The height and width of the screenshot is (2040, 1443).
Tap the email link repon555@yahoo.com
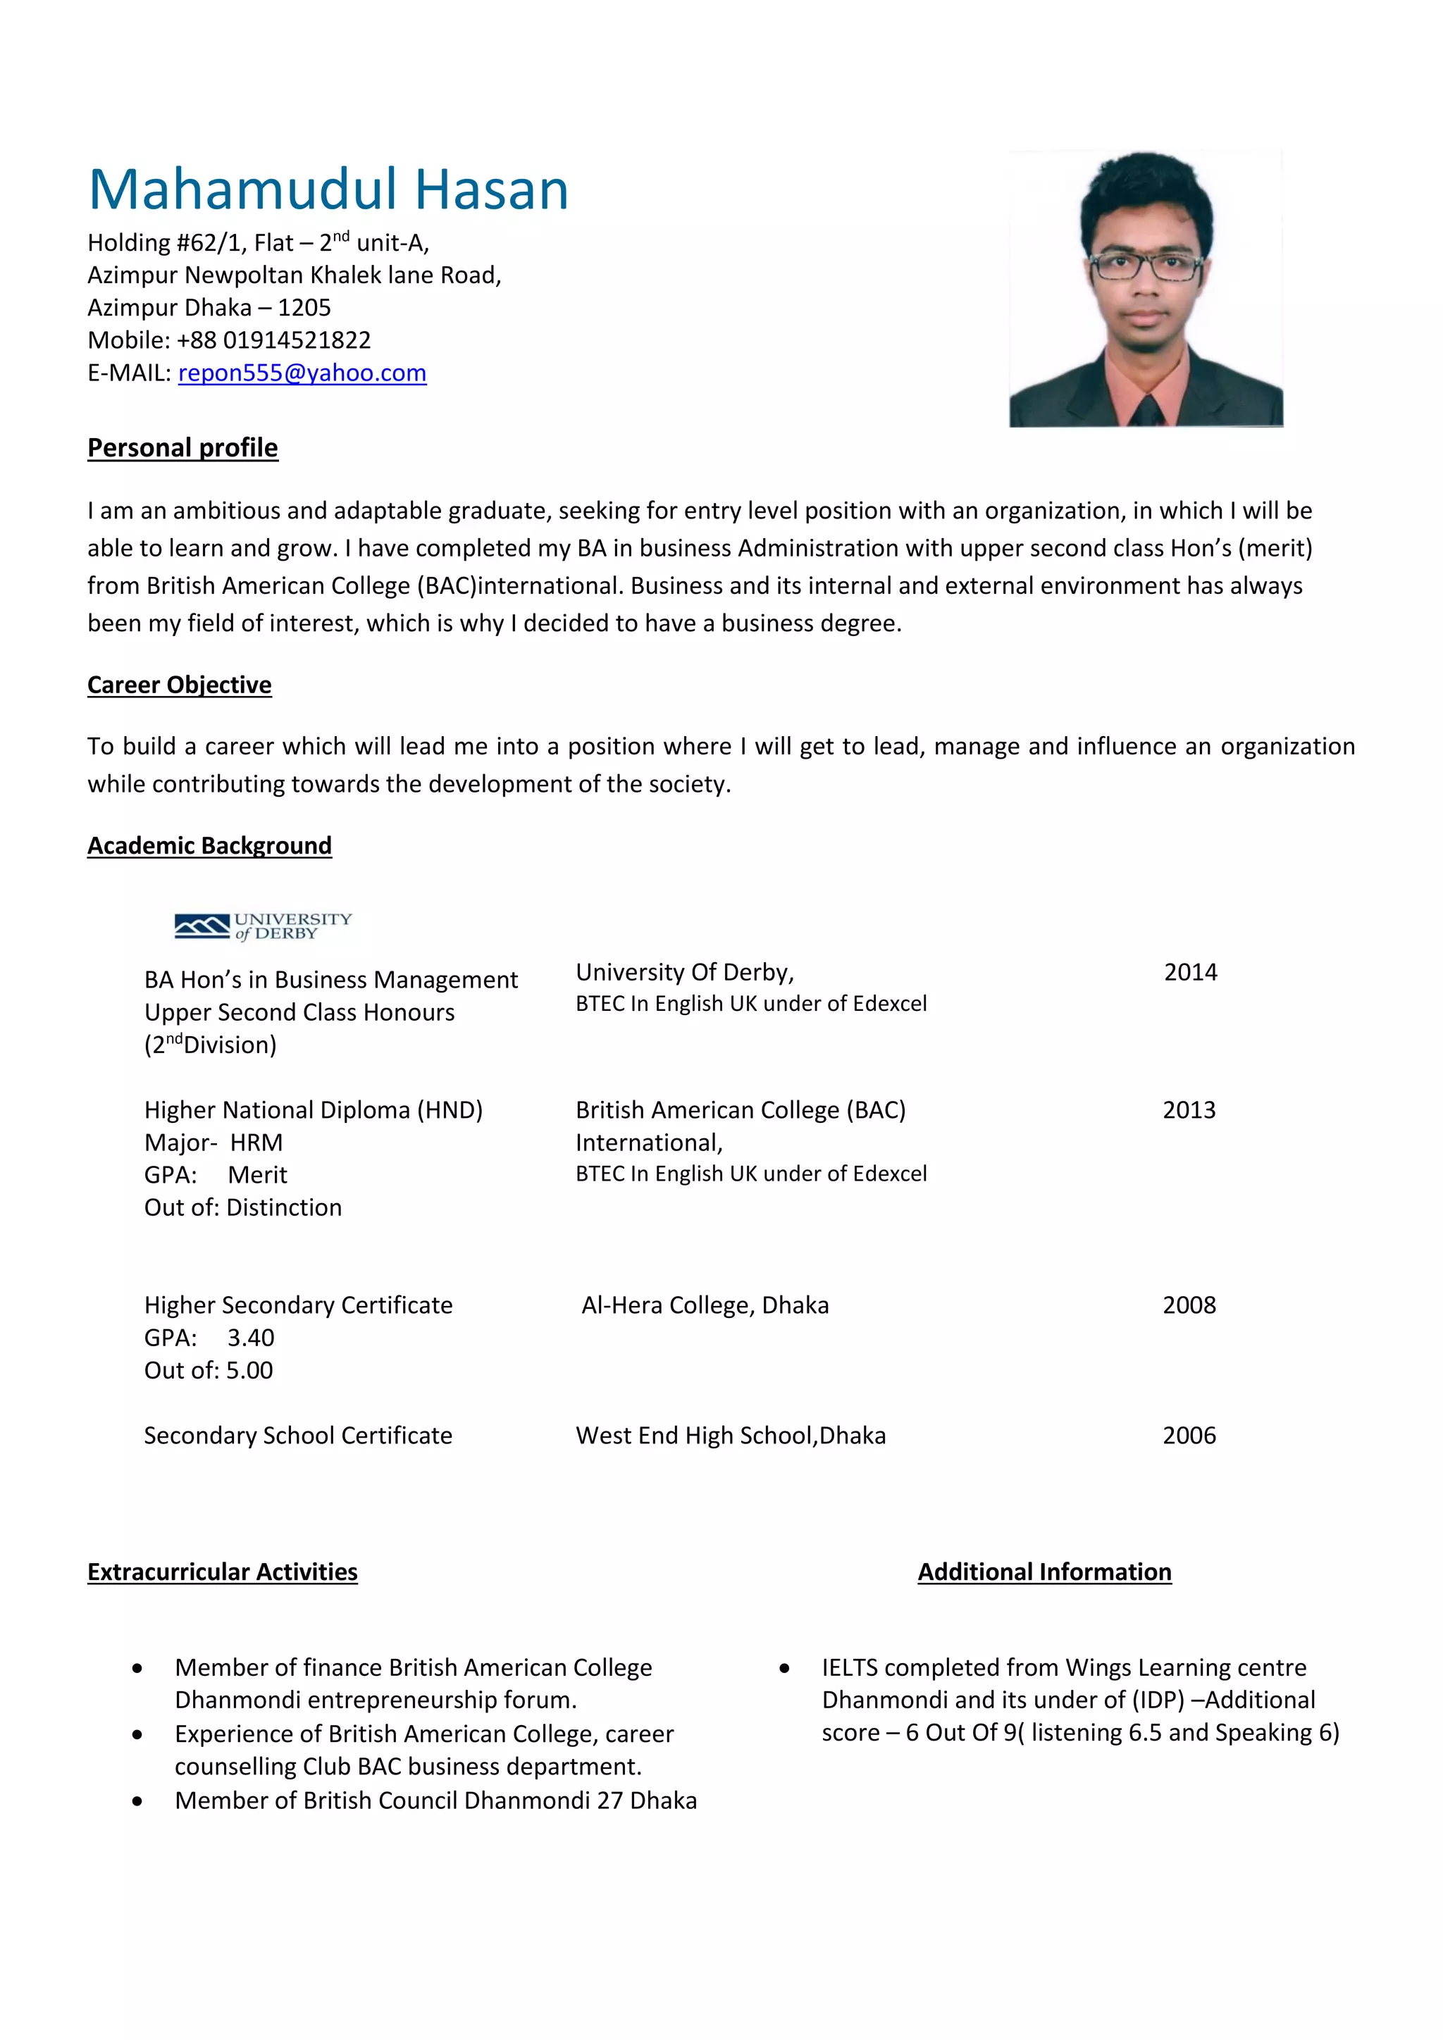(x=302, y=373)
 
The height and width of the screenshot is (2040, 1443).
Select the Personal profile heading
(x=182, y=448)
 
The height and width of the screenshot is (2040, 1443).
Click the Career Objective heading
(x=180, y=685)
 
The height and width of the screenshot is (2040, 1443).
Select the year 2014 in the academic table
(x=1190, y=973)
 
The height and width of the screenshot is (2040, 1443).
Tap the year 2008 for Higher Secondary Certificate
(x=1189, y=1305)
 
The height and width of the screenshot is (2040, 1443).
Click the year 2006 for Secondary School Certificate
(x=1189, y=1436)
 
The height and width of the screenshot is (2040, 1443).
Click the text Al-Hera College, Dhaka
(x=705, y=1305)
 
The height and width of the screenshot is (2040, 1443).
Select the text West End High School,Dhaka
(x=731, y=1436)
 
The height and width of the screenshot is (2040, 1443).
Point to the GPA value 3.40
(x=251, y=1338)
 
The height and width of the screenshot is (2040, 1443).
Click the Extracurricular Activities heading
(x=222, y=1572)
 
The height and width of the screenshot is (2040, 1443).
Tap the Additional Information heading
(x=1044, y=1572)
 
